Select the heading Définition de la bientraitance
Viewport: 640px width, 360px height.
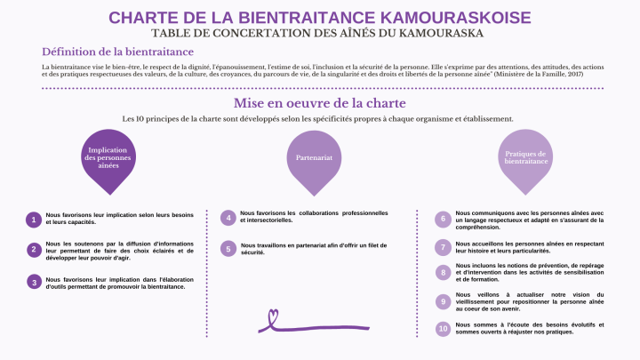[117, 52]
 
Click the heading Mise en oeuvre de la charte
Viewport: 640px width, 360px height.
[320, 103]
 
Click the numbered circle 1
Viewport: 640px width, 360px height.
[34, 220]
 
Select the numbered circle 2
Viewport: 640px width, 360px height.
[34, 250]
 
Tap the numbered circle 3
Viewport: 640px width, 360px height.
[34, 281]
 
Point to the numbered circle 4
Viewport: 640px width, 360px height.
[228, 218]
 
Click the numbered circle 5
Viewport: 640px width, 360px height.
[228, 249]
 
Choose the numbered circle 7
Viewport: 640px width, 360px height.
[443, 246]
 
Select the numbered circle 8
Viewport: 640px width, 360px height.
[443, 273]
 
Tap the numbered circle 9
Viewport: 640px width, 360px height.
[443, 302]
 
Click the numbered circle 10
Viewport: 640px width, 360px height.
[443, 329]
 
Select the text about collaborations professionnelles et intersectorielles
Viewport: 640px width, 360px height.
[314, 217]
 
